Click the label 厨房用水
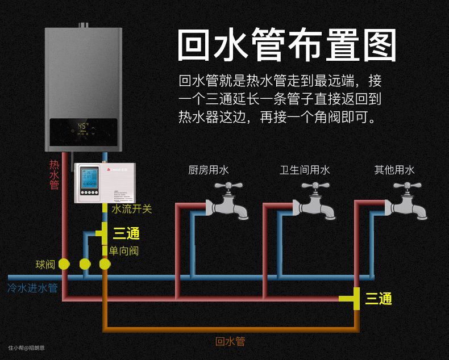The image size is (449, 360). pyautogui.click(x=209, y=170)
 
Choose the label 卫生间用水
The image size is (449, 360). pyautogui.click(x=305, y=170)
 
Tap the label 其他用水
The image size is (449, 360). pyautogui.click(x=394, y=170)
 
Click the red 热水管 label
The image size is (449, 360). pyautogui.click(x=55, y=174)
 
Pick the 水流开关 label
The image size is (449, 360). pyautogui.click(x=132, y=209)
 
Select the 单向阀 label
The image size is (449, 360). pyautogui.click(x=124, y=250)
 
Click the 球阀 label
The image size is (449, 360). pyautogui.click(x=45, y=265)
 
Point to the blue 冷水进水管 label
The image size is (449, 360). pyautogui.click(x=33, y=288)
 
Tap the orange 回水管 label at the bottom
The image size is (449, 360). pyautogui.click(x=230, y=341)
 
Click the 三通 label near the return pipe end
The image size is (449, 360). pyautogui.click(x=379, y=299)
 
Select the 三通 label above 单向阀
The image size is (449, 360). pyautogui.click(x=126, y=233)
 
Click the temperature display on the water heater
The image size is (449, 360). pyautogui.click(x=84, y=125)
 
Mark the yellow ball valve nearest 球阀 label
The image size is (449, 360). pyautogui.click(x=64, y=264)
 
